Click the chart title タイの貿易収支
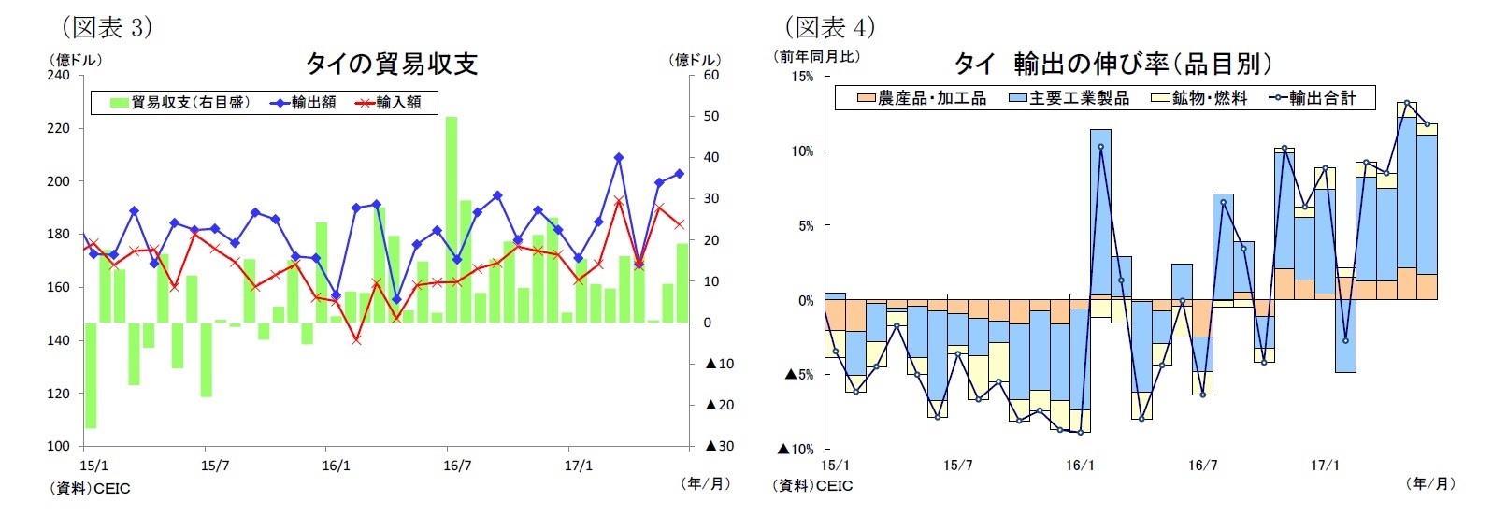[x=392, y=64]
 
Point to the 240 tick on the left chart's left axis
[x=58, y=75]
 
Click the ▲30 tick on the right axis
[x=719, y=446]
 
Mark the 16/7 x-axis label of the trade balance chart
[x=457, y=466]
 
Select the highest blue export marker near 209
[x=619, y=158]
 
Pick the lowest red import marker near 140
[x=356, y=339]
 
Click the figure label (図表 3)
[x=107, y=26]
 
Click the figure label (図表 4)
[x=829, y=26]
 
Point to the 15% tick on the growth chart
[x=802, y=76]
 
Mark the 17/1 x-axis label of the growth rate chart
[x=1325, y=466]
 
